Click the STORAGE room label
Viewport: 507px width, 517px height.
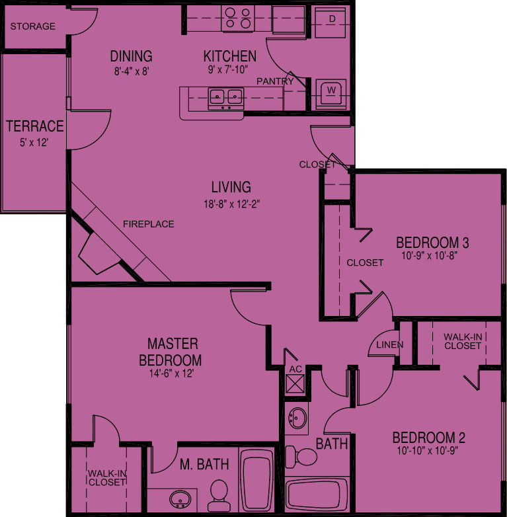coord(33,26)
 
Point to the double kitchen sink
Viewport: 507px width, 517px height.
coord(225,98)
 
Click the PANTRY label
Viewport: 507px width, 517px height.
coord(275,81)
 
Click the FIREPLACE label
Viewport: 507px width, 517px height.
coord(149,224)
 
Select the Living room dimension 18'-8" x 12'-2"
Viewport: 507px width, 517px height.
coord(231,204)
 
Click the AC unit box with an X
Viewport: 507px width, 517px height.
coord(295,384)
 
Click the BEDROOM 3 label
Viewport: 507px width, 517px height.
coord(428,241)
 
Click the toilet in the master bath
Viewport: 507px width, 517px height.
coord(219,492)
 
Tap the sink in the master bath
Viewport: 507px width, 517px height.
coord(179,498)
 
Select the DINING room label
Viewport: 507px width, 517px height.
coord(131,56)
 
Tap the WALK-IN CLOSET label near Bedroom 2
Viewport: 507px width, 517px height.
coord(463,341)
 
